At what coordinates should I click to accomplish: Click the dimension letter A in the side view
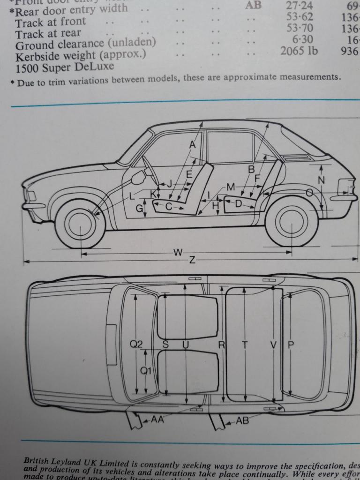[x=192, y=145]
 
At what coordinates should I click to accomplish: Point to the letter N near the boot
[x=321, y=180]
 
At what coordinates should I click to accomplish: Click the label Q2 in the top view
[x=136, y=345]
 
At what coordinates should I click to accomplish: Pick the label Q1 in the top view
[x=146, y=371]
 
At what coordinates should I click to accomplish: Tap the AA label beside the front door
[x=157, y=420]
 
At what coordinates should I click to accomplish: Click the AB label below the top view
[x=242, y=420]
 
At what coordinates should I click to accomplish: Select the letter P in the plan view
[x=290, y=345]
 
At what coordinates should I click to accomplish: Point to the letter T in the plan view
[x=244, y=345]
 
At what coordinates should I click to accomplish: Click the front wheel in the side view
[x=80, y=225]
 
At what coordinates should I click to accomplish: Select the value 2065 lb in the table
[x=299, y=51]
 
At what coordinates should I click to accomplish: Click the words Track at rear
[x=48, y=33]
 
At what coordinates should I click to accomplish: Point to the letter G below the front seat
[x=139, y=209]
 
